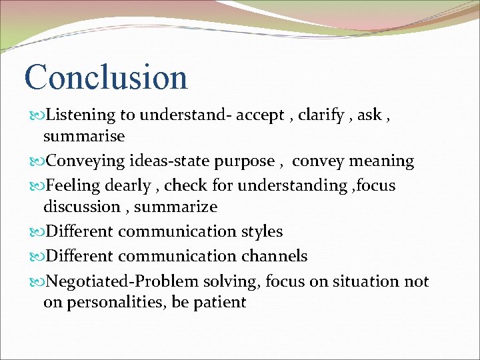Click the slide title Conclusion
pos(106,77)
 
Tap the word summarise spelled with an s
pos(84,137)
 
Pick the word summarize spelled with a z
pos(176,207)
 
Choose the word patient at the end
pos(220,303)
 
